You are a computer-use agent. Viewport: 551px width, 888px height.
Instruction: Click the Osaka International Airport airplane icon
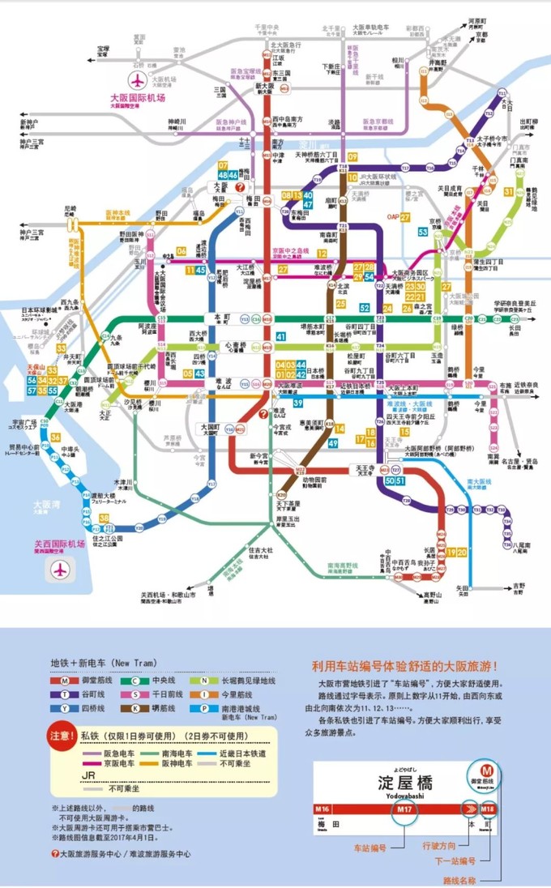(137, 81)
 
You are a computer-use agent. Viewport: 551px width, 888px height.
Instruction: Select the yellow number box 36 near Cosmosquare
(55, 437)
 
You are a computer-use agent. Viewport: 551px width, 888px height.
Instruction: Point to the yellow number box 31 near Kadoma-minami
(508, 191)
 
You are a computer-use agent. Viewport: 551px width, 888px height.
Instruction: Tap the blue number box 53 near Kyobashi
(422, 232)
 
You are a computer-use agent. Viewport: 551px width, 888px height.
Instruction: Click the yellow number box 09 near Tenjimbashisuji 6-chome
(352, 157)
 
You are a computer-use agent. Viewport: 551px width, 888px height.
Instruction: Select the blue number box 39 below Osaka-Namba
(297, 403)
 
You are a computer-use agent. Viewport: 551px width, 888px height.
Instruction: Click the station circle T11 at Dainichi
(502, 94)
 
